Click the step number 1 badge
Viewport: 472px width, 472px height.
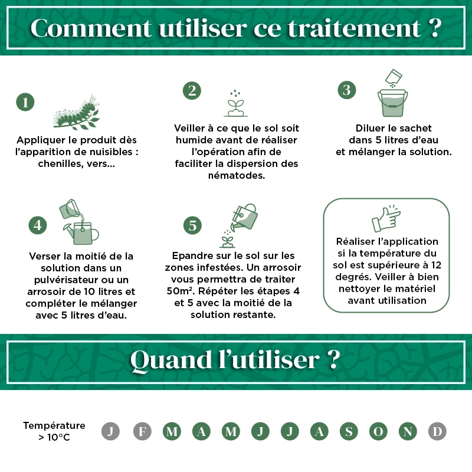click(25, 102)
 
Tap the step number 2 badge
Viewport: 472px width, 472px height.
click(192, 90)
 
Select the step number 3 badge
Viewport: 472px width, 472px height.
click(347, 90)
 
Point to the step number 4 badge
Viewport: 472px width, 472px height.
click(38, 225)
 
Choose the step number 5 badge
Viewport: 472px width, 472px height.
click(192, 225)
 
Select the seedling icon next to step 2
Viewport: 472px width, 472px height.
click(235, 103)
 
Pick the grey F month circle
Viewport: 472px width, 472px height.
click(142, 432)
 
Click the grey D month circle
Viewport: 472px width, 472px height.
click(437, 432)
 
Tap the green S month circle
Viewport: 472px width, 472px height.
click(349, 432)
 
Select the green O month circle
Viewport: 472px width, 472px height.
click(378, 432)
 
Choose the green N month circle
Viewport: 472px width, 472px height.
click(408, 432)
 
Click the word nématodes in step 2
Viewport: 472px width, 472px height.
click(236, 175)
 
